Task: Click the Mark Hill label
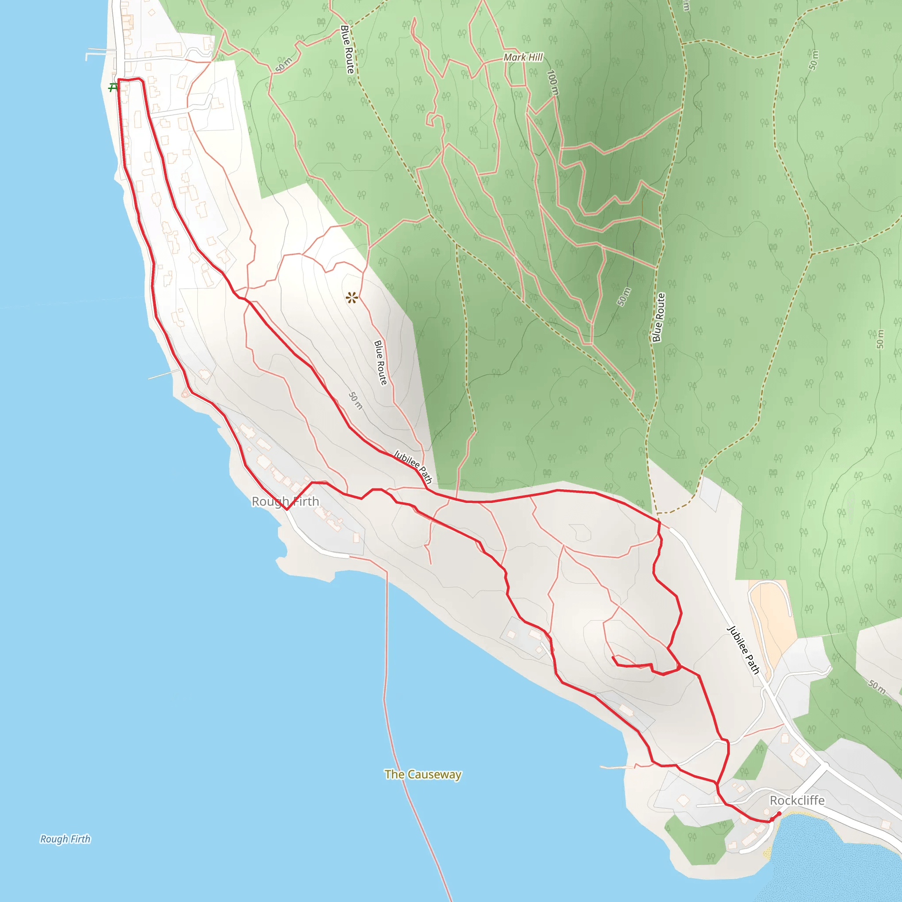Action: click(523, 57)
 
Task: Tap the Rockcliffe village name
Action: click(797, 800)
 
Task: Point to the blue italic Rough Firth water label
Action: click(65, 839)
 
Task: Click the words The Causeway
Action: click(423, 775)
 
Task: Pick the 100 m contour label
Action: click(552, 83)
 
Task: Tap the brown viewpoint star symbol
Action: click(352, 297)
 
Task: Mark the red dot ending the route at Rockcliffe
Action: click(779, 814)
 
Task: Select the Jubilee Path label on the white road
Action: click(743, 651)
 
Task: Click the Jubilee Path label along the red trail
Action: click(413, 466)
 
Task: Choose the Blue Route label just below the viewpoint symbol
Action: click(381, 363)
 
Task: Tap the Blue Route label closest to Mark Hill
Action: click(347, 49)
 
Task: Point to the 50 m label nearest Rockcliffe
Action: click(877, 687)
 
